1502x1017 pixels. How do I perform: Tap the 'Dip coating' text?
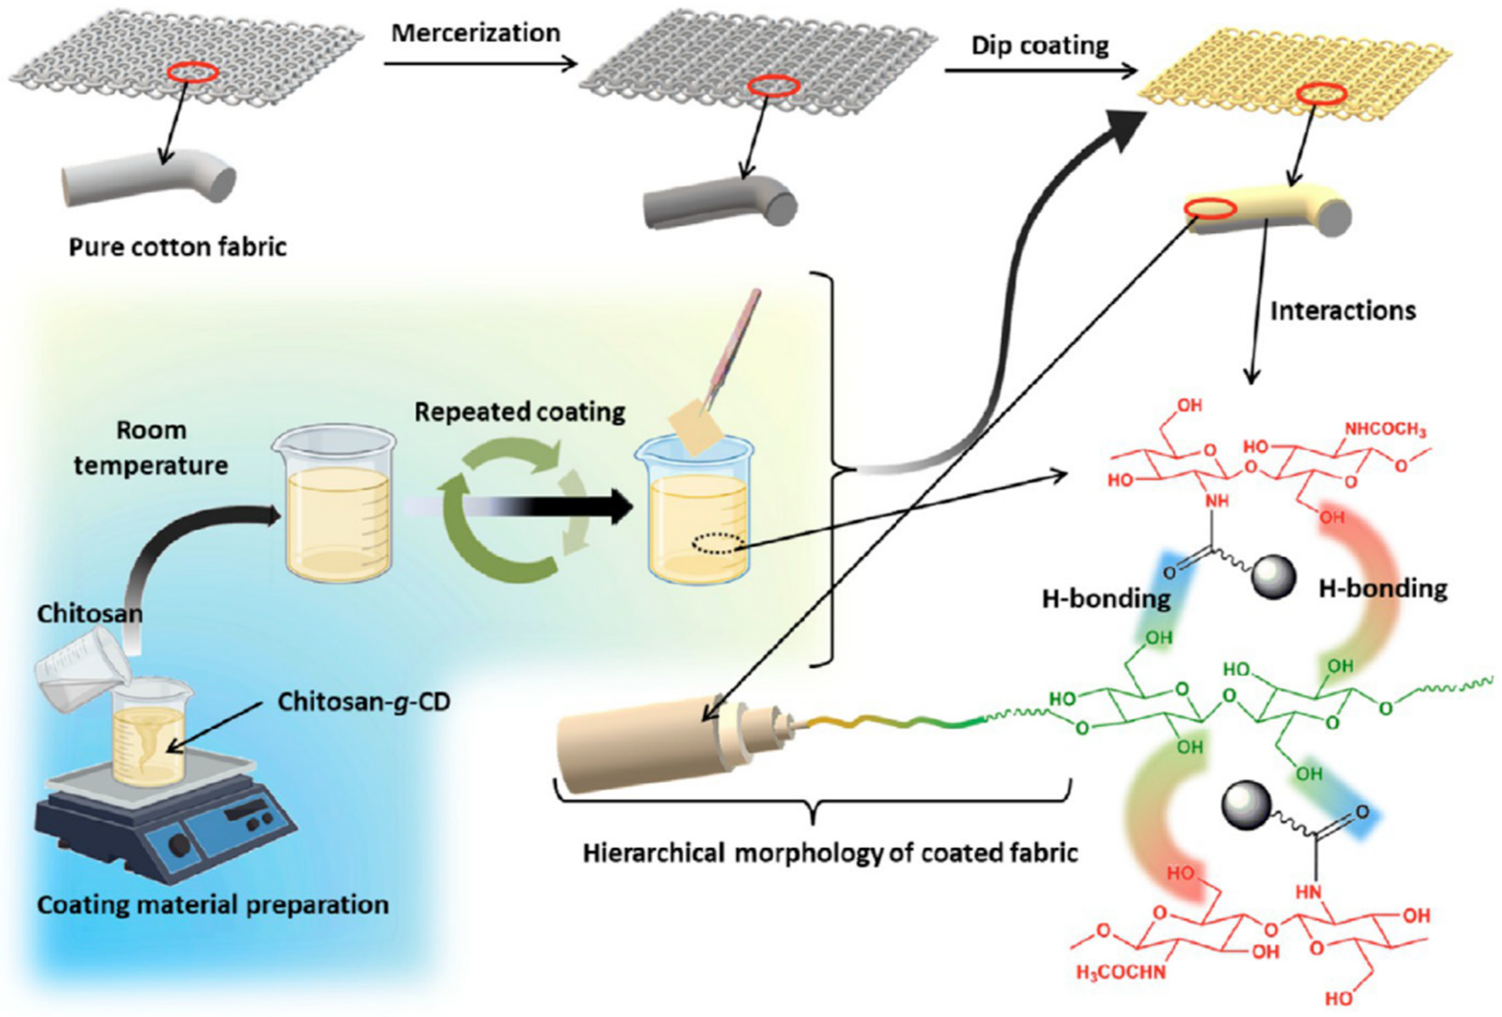(1040, 46)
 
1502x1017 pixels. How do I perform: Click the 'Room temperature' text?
(151, 448)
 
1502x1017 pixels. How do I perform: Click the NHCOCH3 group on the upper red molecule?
(1385, 430)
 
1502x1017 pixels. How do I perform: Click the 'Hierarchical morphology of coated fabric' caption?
(830, 853)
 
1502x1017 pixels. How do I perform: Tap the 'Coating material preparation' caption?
(213, 905)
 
